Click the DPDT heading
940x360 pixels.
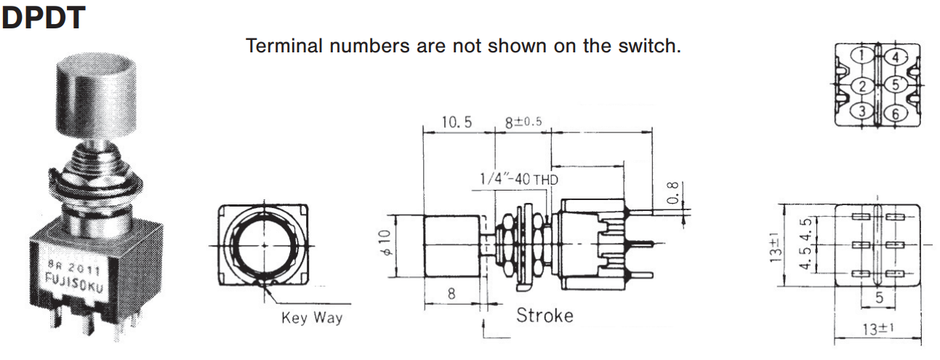point(43,17)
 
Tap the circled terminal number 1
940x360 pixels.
point(862,55)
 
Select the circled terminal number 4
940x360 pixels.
point(895,57)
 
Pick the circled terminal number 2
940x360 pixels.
point(862,86)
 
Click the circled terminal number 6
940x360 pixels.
point(895,113)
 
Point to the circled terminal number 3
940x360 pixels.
point(862,111)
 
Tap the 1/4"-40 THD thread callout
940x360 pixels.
point(518,178)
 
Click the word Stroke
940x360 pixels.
point(545,316)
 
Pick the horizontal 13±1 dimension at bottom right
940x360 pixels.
point(877,329)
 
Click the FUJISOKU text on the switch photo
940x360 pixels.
point(72,279)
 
